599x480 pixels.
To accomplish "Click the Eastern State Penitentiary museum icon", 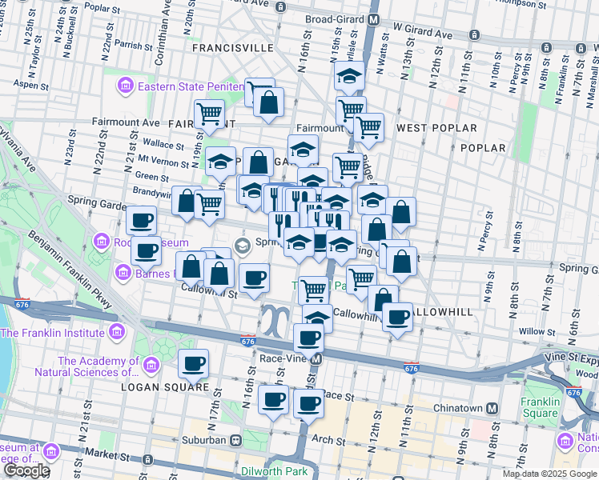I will (x=125, y=86).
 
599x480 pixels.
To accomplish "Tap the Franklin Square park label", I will (x=539, y=407).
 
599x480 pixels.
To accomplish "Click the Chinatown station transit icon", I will (x=492, y=408).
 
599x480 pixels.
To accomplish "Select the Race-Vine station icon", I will (x=316, y=359).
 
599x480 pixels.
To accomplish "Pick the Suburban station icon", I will (x=236, y=439).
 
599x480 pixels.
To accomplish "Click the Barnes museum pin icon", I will (x=123, y=273).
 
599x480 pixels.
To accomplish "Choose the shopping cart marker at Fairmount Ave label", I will (x=209, y=114).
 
